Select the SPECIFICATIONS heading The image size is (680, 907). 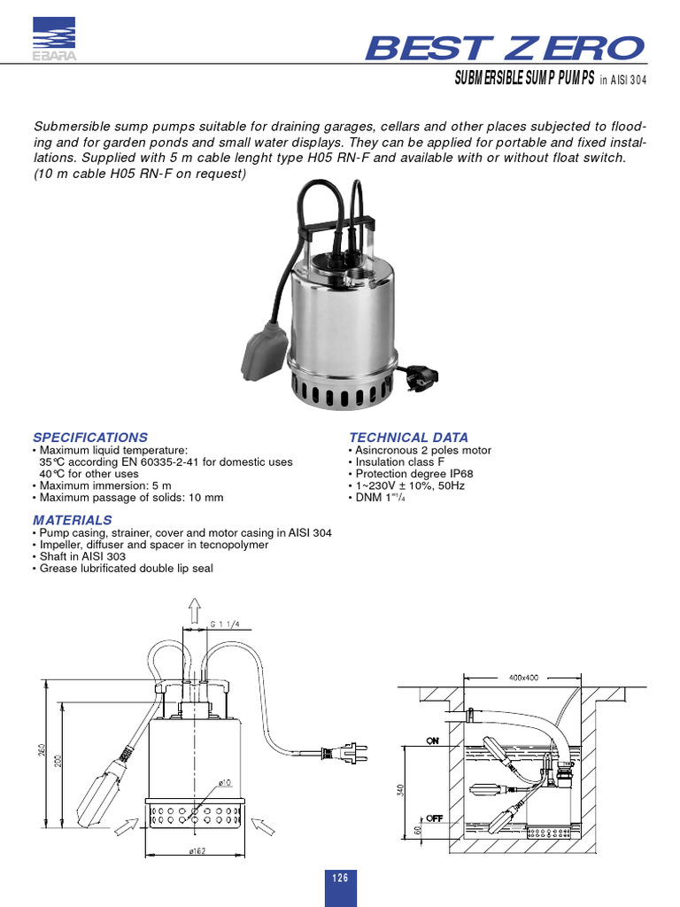click(90, 438)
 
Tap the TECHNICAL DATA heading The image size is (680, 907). click(408, 438)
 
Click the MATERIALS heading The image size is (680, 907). click(73, 520)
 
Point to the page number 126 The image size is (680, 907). click(340, 878)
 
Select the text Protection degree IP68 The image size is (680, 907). click(409, 474)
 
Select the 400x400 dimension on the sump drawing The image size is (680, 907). click(522, 677)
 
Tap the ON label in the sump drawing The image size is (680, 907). click(434, 741)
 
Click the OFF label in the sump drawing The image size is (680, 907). click(434, 819)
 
